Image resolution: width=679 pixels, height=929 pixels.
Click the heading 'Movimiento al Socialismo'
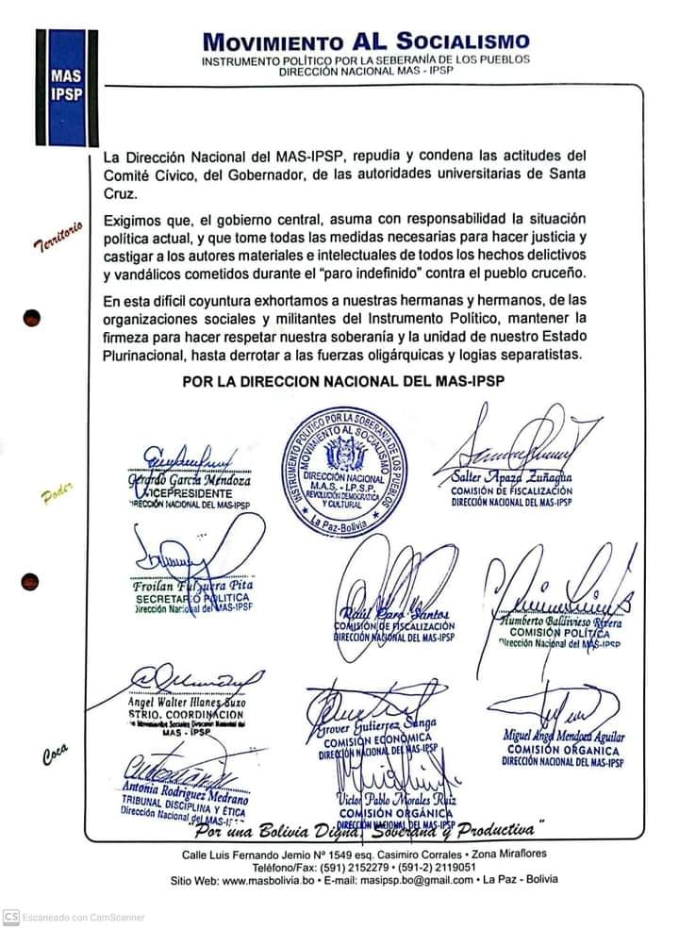point(366,41)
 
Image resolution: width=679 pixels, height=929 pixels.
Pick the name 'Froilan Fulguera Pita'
point(193,585)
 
